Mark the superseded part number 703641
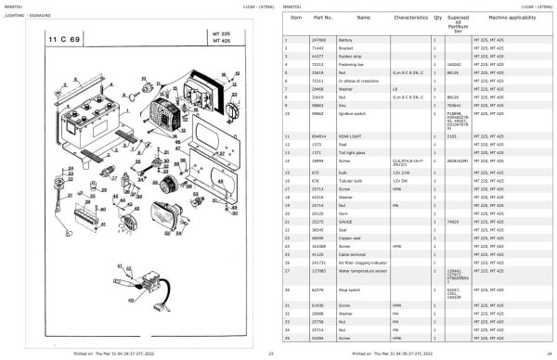click(x=453, y=108)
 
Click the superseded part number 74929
click(x=452, y=198)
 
